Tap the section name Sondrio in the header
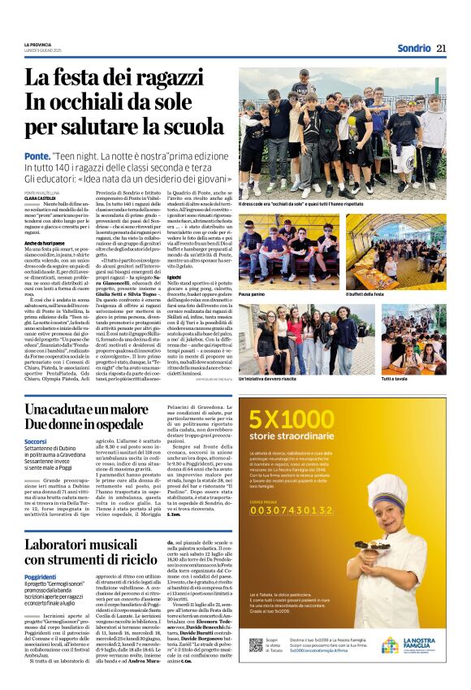(413, 48)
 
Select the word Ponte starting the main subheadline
(36, 155)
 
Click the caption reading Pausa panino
(254, 293)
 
